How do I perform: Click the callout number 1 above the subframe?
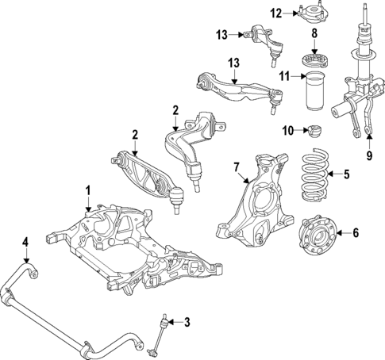88,190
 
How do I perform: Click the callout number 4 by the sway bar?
25,242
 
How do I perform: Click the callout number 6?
356,233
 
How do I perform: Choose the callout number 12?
275,13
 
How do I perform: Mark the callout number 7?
235,167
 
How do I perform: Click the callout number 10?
287,129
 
